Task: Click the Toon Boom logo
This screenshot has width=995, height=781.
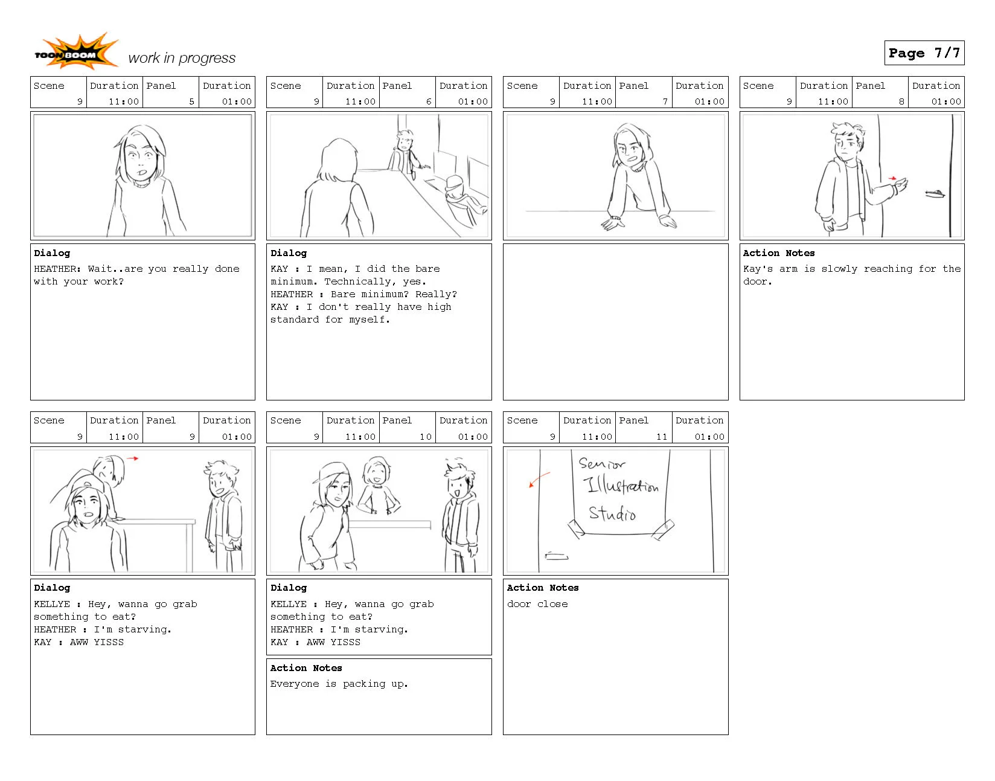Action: tap(75, 53)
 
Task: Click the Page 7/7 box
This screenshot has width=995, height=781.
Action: tap(924, 53)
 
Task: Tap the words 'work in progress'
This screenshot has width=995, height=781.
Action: tap(182, 58)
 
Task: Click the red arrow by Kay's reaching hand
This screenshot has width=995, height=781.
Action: tap(892, 178)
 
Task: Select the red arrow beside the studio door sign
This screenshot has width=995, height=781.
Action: tap(539, 479)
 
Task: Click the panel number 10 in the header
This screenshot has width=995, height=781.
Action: tap(426, 437)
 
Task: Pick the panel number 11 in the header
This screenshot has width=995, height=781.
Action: tap(662, 437)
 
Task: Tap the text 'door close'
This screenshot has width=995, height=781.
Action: tap(537, 604)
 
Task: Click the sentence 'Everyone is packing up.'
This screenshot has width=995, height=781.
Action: tap(339, 684)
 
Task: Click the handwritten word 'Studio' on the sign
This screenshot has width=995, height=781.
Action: tap(612, 514)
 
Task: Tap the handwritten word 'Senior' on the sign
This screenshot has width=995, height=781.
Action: tap(602, 464)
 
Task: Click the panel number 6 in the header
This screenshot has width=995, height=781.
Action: tap(429, 101)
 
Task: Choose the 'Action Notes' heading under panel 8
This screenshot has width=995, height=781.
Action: tap(779, 253)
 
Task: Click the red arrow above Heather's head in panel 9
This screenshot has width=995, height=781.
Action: tap(133, 458)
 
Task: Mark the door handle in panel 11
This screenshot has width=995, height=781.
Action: tap(557, 556)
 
